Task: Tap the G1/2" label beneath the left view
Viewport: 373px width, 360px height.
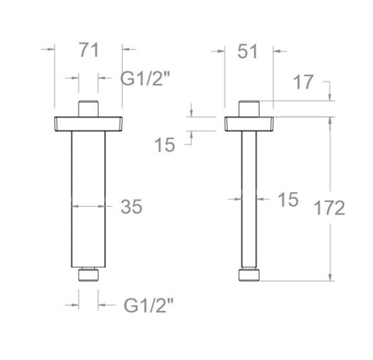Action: (x=148, y=304)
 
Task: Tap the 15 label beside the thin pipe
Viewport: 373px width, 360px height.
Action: (x=287, y=200)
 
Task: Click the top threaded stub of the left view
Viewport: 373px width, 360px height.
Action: (x=88, y=108)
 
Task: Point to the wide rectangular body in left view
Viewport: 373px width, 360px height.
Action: (x=88, y=198)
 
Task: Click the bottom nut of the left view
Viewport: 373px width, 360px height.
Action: (x=88, y=274)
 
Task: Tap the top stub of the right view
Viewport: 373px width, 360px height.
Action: (x=248, y=108)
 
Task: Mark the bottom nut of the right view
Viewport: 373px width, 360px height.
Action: (x=248, y=275)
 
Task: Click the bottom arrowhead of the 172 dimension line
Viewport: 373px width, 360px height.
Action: (x=332, y=278)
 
